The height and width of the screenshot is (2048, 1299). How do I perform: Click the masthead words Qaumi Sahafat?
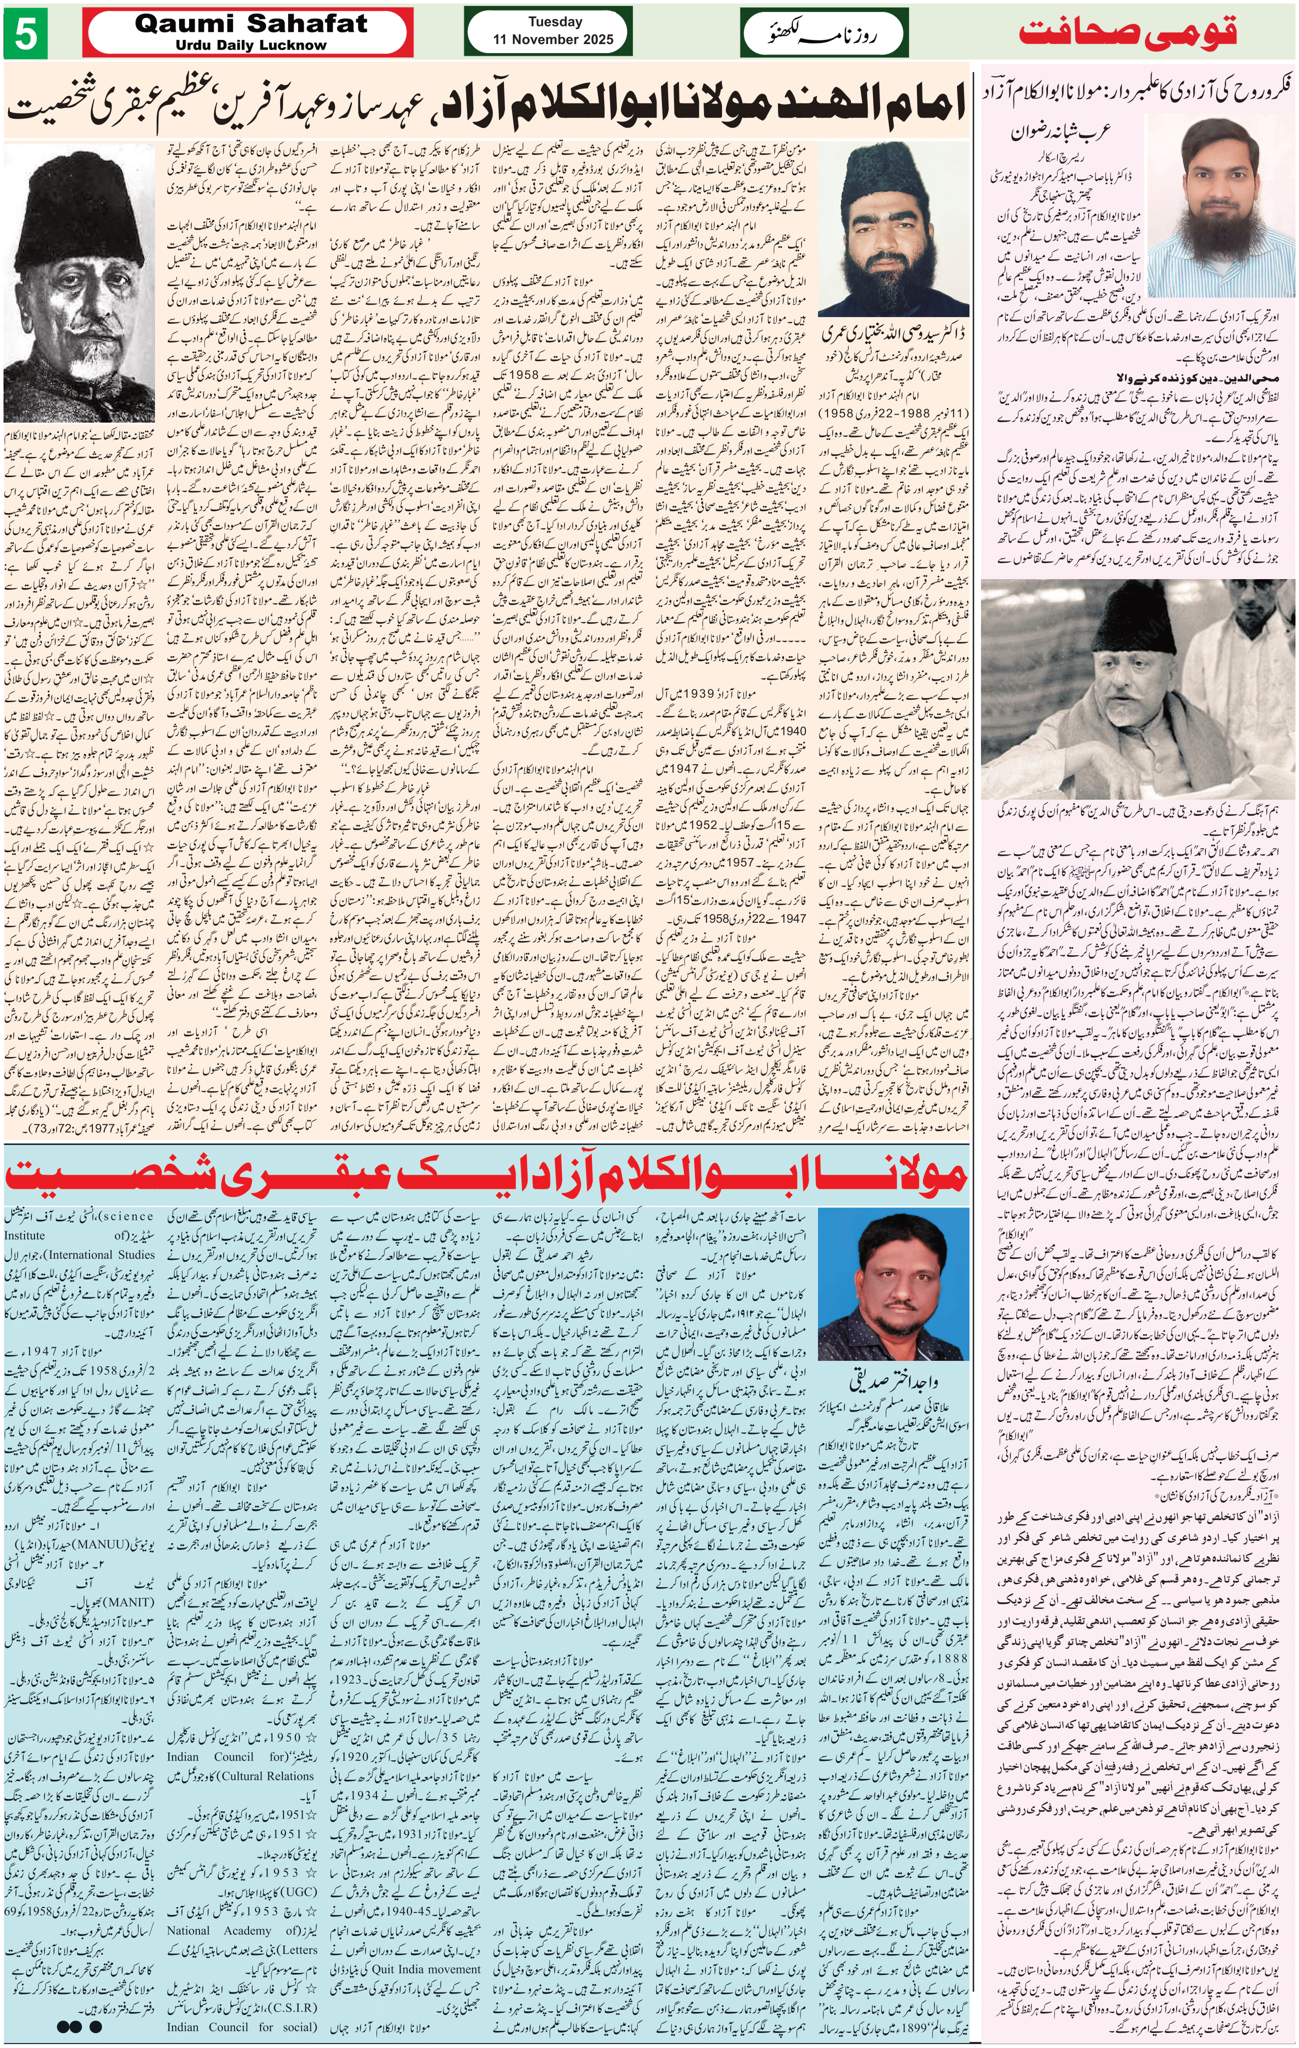tap(251, 23)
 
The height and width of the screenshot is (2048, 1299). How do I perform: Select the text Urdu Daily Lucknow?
tap(251, 45)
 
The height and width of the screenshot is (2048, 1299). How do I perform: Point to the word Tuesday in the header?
tap(555, 22)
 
